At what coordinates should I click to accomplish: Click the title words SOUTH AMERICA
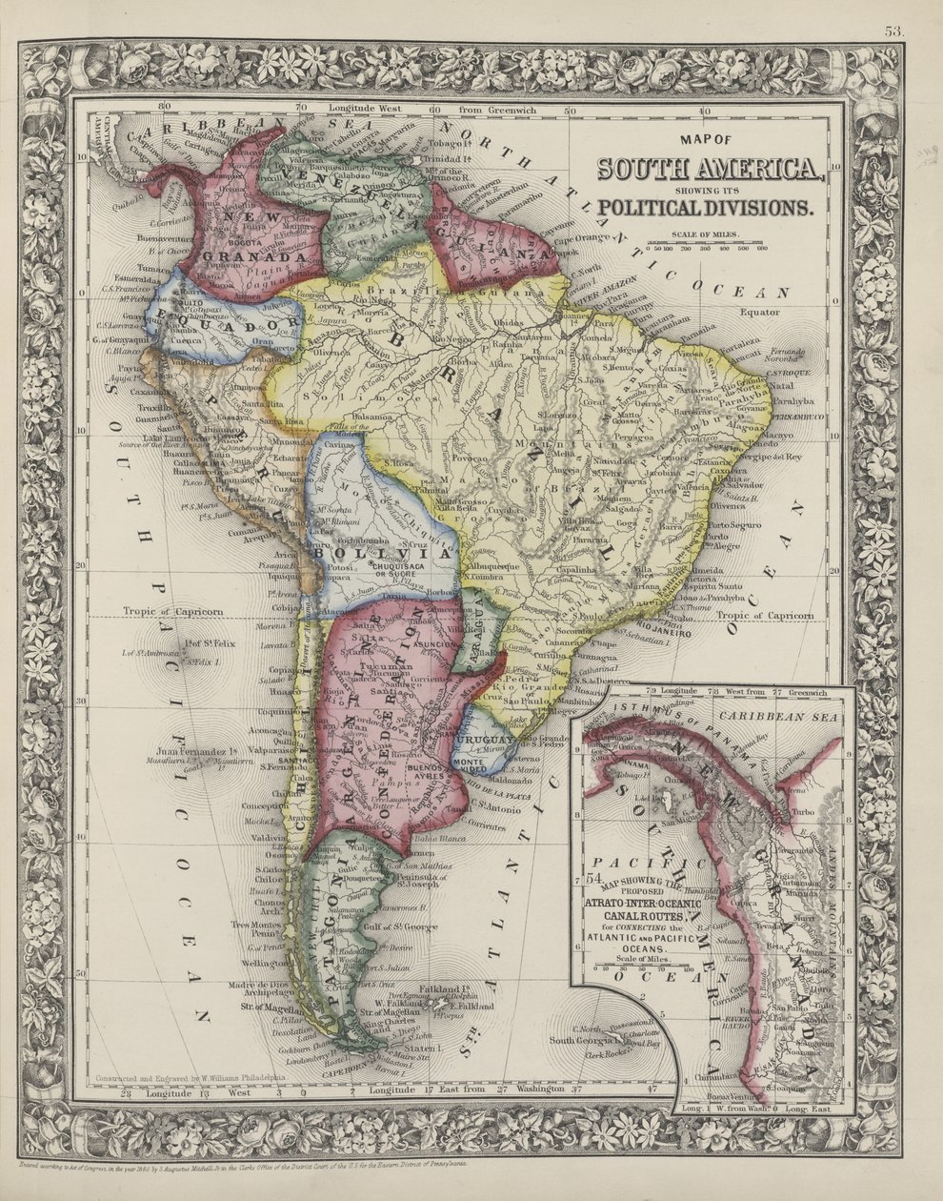tap(710, 169)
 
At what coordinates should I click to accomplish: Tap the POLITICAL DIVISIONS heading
tap(706, 207)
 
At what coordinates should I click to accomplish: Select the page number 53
tap(893, 31)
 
